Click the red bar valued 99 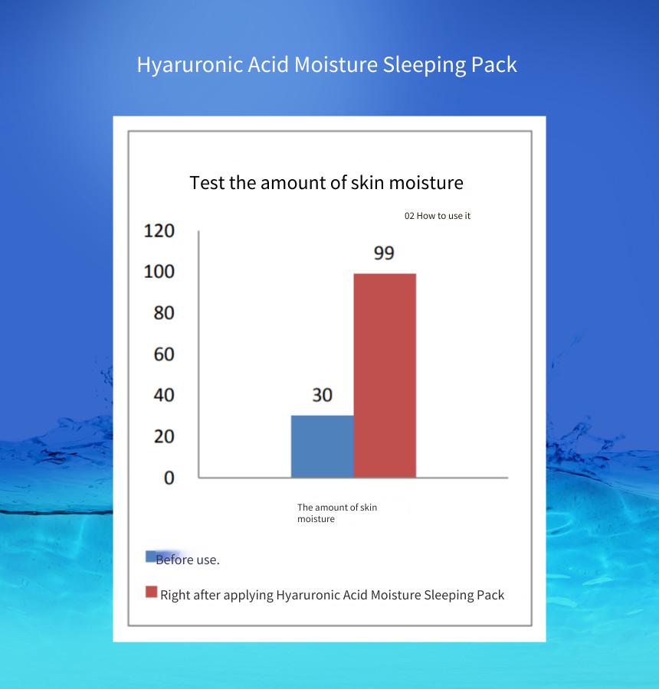pos(385,376)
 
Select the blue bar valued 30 pos(323,446)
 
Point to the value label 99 pos(384,253)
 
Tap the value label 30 pos(323,395)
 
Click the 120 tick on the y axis pos(159,230)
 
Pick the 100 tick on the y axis pos(159,272)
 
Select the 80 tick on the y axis pos(164,313)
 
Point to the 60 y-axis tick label pos(164,354)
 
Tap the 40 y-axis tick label pos(164,395)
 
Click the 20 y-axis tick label pos(164,436)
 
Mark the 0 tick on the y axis pos(169,478)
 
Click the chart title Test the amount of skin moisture pos(326,183)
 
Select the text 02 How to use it pos(438,216)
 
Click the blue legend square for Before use pos(150,557)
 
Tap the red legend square pos(151,592)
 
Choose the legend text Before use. pos(188,560)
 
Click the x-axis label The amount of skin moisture pos(337,513)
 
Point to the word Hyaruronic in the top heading pos(190,65)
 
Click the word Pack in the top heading pos(494,64)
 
